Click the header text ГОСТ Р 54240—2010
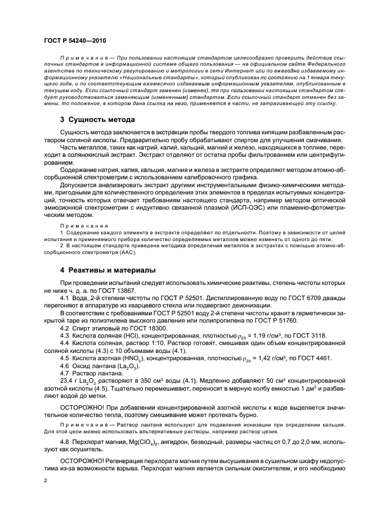coord(75,40)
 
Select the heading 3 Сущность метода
coord(97,120)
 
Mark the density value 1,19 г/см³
coord(263,335)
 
